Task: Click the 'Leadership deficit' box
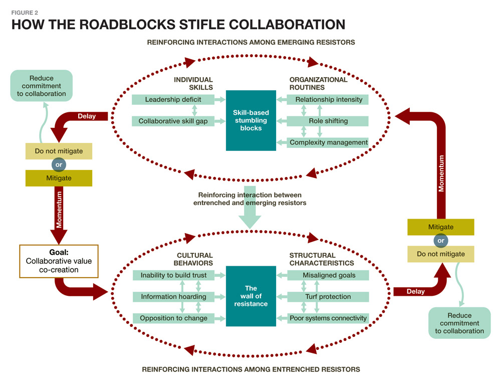[x=166, y=100]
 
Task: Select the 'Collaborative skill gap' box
[x=166, y=121]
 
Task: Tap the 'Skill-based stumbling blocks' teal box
[x=251, y=120]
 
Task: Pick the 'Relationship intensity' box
[x=329, y=100]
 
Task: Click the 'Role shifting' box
[x=329, y=121]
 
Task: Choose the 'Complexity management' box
[x=329, y=142]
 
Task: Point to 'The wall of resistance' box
[x=251, y=296]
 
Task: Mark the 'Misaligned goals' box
[x=329, y=275]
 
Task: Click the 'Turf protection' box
[x=329, y=296]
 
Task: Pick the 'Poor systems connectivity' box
[x=329, y=318]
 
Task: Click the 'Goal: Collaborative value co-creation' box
[x=59, y=261]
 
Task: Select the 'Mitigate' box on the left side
[x=59, y=178]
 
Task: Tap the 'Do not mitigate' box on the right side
[x=441, y=254]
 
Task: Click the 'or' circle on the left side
[x=59, y=164]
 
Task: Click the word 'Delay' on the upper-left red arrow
[x=87, y=116]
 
